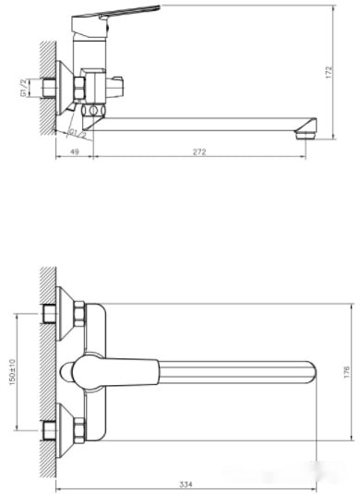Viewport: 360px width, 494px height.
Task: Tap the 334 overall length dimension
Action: pyautogui.click(x=186, y=482)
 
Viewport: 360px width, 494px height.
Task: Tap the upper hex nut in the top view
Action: pyautogui.click(x=78, y=315)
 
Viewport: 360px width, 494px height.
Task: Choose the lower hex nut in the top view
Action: pyautogui.click(x=78, y=429)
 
